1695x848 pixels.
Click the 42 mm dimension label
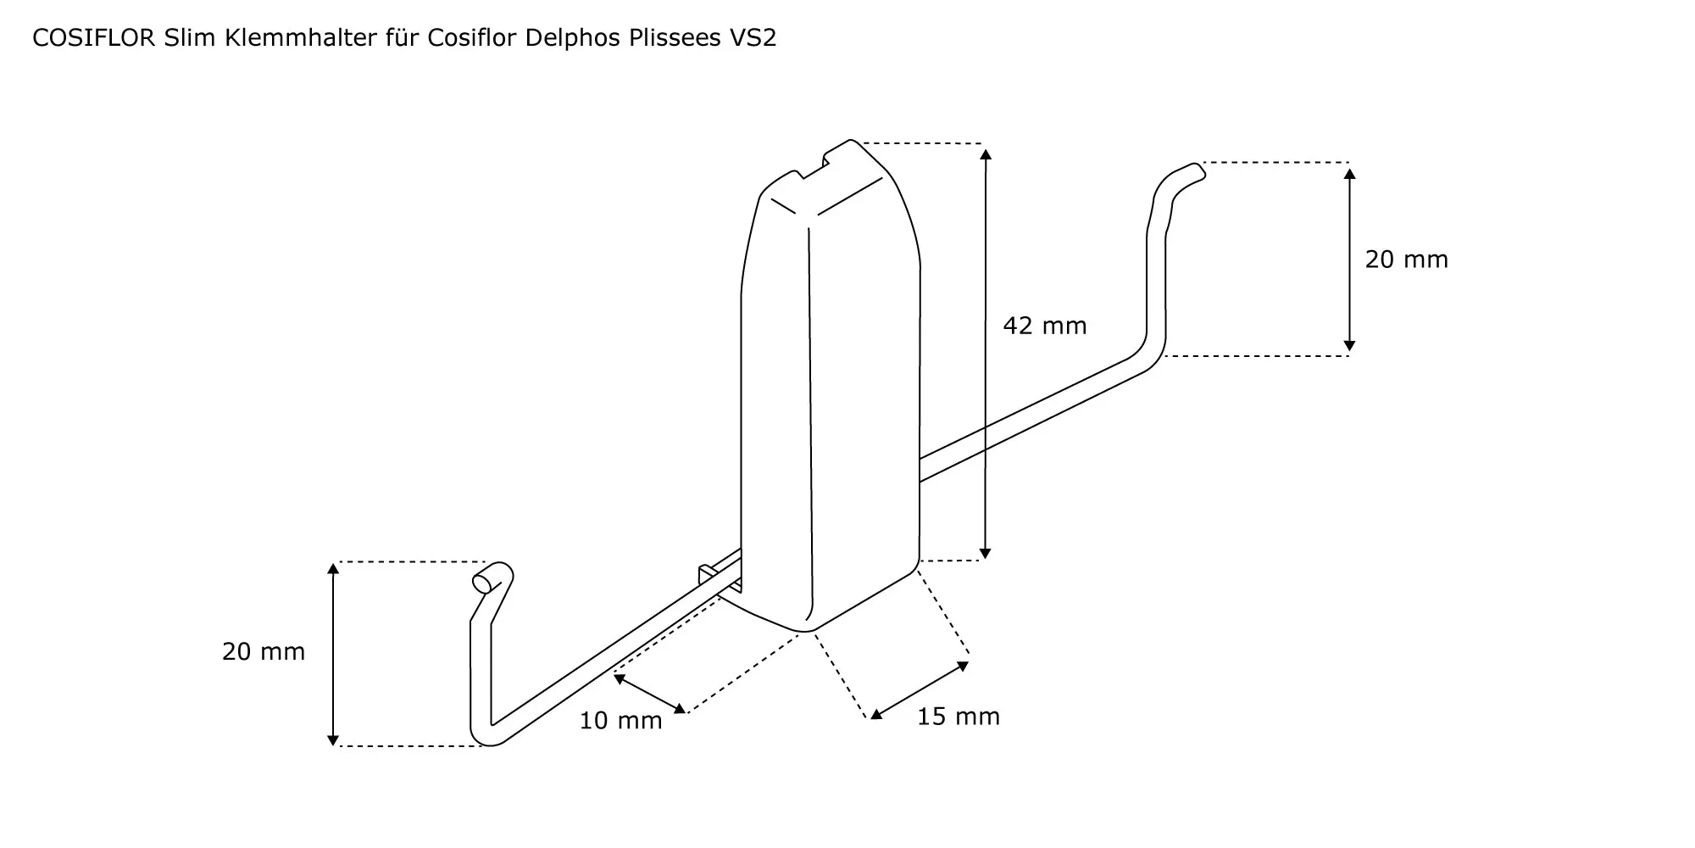coord(1044,326)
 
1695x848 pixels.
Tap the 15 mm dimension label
coord(959,717)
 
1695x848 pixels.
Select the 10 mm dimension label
coord(620,721)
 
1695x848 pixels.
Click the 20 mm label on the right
coord(1406,259)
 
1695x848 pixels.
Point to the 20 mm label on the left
coord(264,651)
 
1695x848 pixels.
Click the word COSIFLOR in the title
coord(93,38)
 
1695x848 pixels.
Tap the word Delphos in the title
coord(573,38)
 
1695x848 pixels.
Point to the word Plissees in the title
coord(672,38)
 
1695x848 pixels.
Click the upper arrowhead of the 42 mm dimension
coord(985,153)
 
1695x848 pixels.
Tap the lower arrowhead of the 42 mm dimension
coord(985,553)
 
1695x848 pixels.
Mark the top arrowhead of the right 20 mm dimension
coord(1350,174)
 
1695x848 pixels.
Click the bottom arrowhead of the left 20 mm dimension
coord(334,739)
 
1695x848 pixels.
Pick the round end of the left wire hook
coord(482,583)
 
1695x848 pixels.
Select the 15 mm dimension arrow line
coord(920,690)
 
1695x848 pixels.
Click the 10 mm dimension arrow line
coord(650,694)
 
